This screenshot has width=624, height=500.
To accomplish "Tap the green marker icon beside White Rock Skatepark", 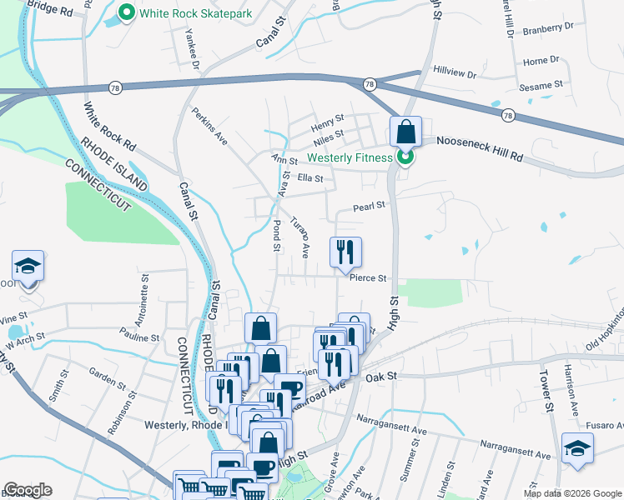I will (x=127, y=13).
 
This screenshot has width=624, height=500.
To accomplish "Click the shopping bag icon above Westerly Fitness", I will (x=405, y=132).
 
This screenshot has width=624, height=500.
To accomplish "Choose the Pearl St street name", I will (x=368, y=205).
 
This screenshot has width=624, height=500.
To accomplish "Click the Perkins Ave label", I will (x=209, y=124).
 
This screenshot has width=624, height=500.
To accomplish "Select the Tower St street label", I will (x=547, y=391).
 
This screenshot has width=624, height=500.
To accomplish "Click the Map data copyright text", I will (x=572, y=493).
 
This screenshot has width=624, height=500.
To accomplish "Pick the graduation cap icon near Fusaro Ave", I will (x=577, y=447).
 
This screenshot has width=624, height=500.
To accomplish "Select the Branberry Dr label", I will (x=548, y=27).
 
